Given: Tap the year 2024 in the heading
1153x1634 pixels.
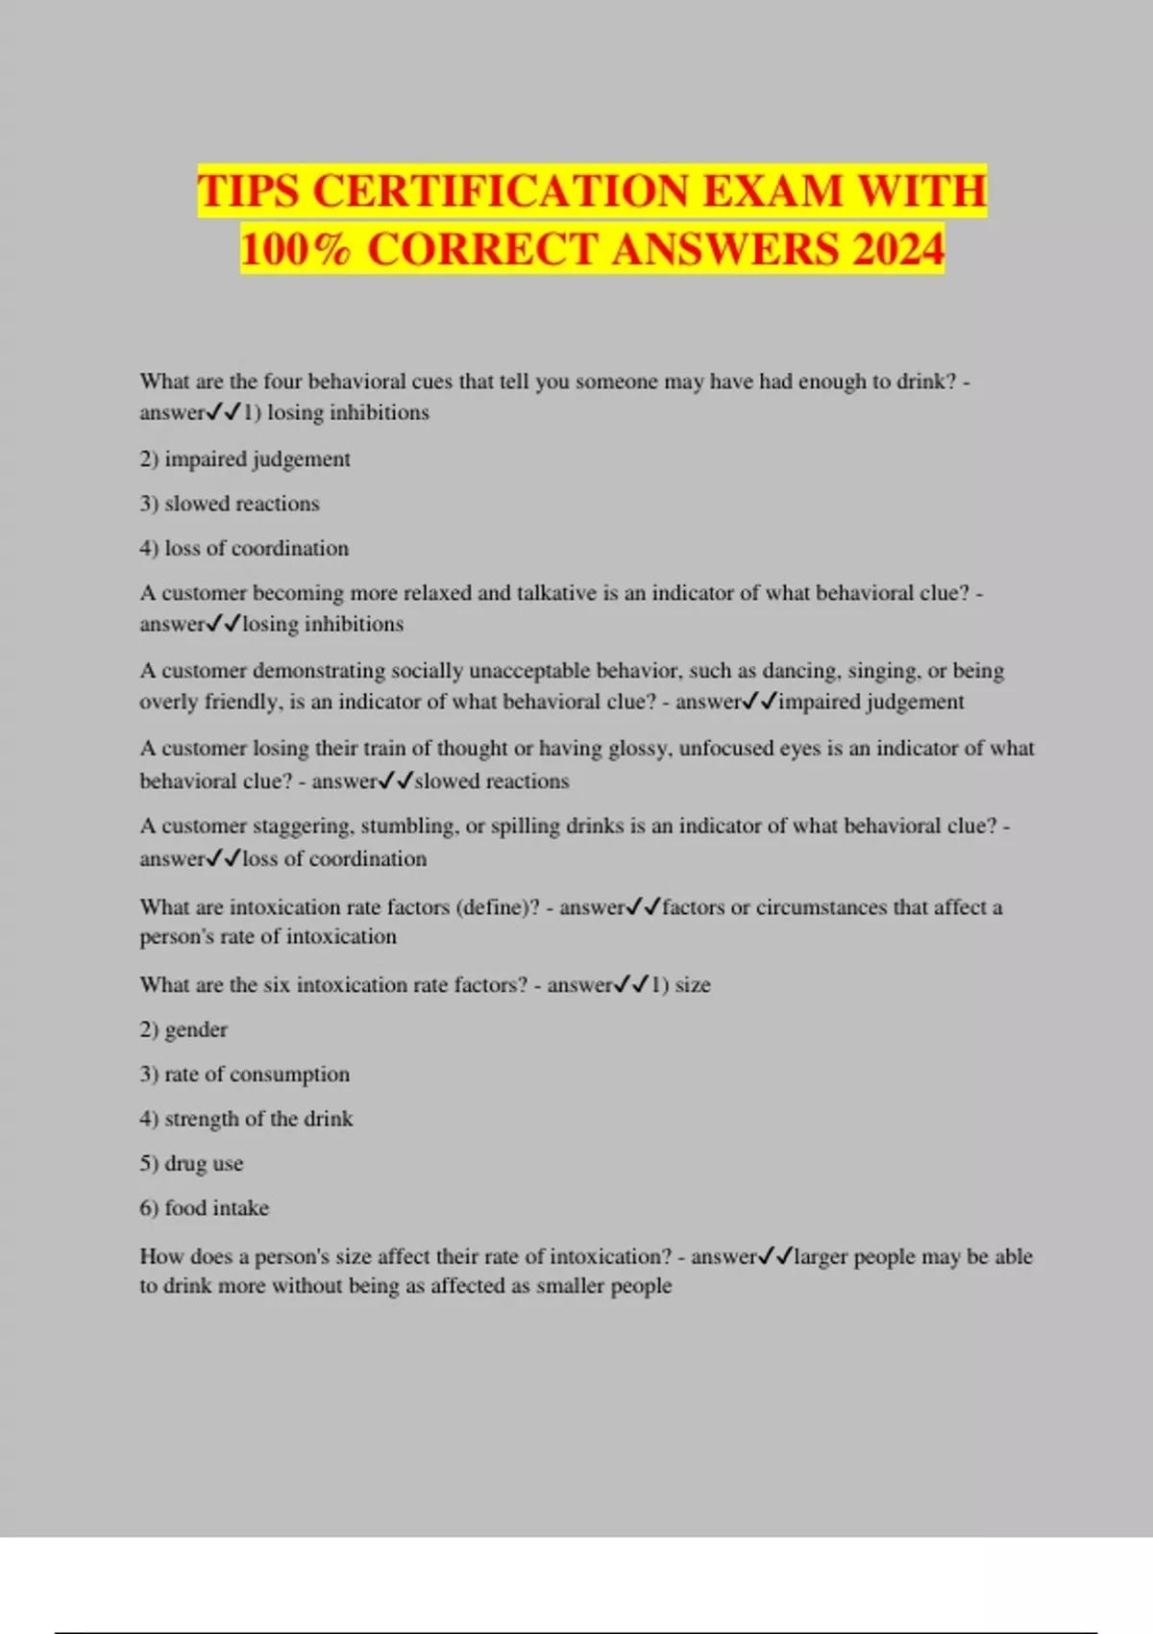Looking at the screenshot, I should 897,250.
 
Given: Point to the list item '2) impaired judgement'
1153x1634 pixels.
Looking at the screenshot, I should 245,459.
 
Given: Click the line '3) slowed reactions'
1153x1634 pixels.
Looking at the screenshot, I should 230,504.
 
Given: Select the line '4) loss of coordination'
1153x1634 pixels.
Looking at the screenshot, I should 244,549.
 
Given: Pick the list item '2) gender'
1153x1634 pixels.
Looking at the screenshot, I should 184,1029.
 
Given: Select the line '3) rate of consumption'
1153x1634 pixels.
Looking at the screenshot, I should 245,1075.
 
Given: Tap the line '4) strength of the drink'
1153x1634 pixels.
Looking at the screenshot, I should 246,1119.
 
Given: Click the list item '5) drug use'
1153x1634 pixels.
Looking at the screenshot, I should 191,1164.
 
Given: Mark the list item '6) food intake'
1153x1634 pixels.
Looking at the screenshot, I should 205,1208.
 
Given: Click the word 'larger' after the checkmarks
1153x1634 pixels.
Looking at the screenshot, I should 822,1257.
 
